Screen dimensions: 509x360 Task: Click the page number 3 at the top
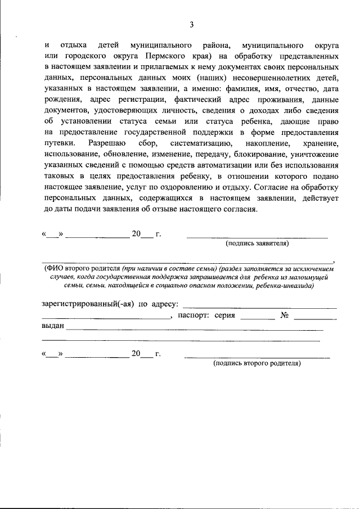[192, 24]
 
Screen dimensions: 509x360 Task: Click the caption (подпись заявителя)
[257, 244]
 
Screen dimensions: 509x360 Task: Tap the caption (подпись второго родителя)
[257, 363]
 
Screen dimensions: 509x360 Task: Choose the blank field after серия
[257, 318]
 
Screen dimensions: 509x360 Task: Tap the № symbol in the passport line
[284, 315]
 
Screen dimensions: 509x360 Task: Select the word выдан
[53, 326]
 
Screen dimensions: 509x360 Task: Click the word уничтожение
[316, 154]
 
